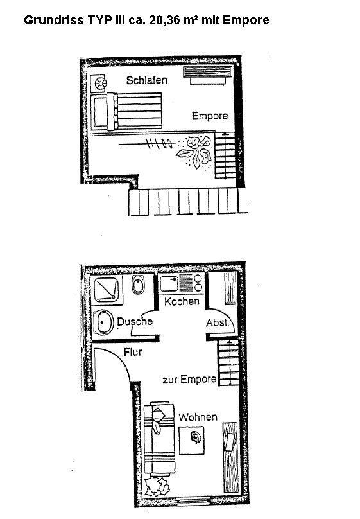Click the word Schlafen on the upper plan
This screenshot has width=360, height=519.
147,81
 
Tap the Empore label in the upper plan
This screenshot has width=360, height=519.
209,116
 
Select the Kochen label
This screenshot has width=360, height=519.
182,301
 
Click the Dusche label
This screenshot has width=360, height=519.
135,321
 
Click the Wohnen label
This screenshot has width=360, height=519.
198,418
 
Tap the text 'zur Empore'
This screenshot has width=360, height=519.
189,380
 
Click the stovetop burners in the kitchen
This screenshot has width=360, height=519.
194,283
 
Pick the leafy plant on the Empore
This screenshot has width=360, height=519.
194,152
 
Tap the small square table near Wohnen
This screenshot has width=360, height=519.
194,437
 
